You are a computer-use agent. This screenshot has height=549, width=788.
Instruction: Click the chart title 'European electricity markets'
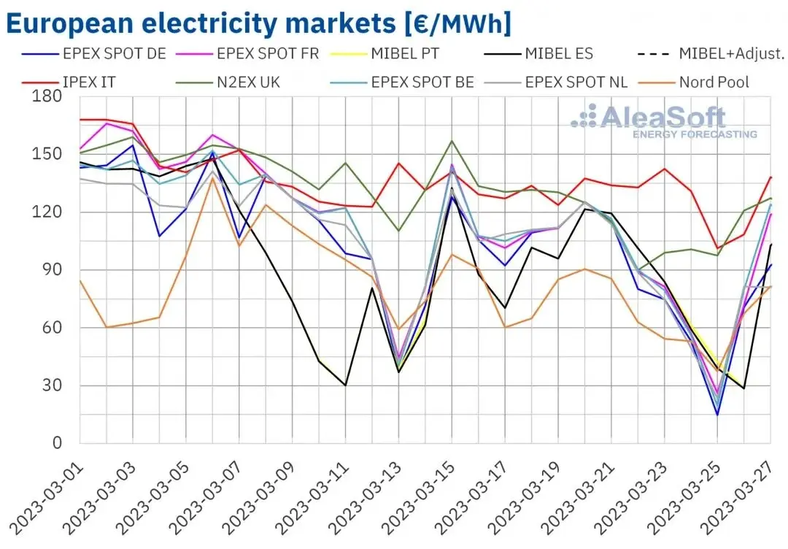point(201,23)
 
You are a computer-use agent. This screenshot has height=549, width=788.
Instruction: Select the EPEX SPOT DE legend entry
point(94,54)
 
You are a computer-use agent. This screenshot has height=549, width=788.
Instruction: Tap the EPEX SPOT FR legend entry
point(248,54)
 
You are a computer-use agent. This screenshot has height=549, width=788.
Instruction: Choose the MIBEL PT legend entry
point(385,54)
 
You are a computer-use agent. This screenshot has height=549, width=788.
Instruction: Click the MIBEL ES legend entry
point(538,54)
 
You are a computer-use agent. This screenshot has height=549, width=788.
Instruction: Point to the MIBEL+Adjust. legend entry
point(711,54)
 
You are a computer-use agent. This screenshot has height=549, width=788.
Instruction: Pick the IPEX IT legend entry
point(69,82)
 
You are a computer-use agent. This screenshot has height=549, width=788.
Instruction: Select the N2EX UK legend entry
point(228,82)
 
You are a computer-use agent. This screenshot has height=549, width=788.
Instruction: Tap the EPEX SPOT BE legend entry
point(403,82)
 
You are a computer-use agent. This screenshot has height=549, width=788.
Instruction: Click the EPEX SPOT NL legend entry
point(556,82)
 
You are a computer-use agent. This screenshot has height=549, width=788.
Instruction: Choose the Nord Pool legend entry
point(694,82)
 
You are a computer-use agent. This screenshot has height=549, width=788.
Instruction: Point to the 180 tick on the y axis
point(47,96)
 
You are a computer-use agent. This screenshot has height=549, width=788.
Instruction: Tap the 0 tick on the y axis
point(57,443)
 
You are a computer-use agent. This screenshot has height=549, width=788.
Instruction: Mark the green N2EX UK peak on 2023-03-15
point(452,141)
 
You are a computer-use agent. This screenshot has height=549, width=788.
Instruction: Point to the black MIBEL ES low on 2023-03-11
point(345,385)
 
